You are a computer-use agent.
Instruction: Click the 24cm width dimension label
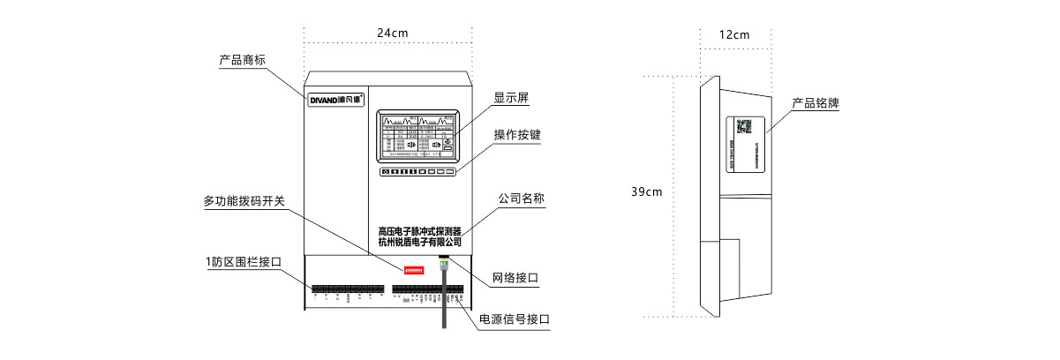click(393, 33)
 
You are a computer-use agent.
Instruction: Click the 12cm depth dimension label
click(734, 34)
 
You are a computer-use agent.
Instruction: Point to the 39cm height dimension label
click(647, 191)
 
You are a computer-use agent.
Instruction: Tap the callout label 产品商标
click(243, 60)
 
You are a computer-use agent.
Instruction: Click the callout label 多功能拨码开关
click(244, 201)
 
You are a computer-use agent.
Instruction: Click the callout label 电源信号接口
click(515, 319)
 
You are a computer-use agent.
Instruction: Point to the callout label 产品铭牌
click(815, 103)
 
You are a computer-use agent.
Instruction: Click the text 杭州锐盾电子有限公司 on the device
click(419, 241)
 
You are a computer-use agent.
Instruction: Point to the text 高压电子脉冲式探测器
click(419, 229)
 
